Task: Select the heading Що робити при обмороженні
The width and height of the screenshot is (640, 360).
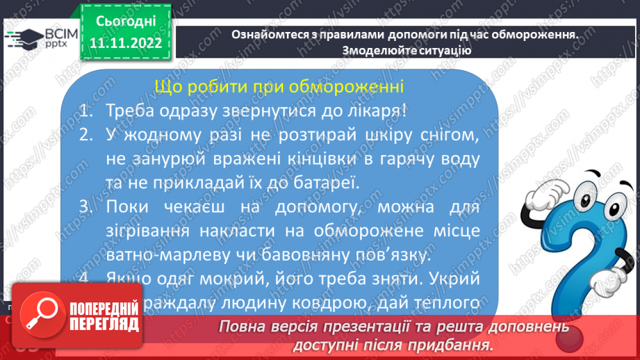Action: click(x=279, y=88)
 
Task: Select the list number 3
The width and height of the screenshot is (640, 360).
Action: click(x=85, y=208)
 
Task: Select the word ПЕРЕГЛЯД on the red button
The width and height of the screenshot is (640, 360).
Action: click(x=104, y=325)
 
